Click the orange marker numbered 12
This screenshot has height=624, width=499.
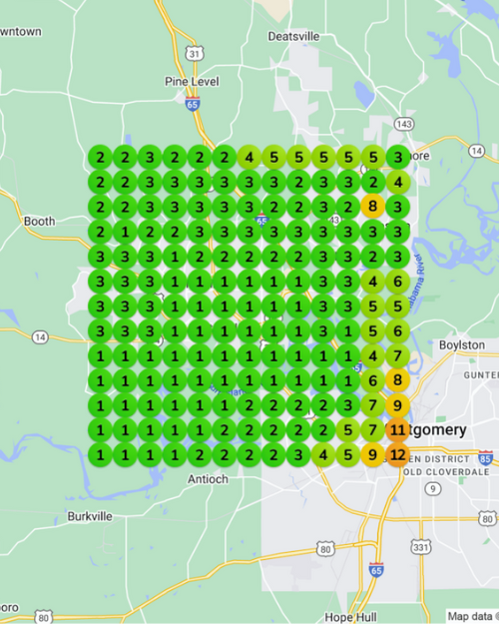pyautogui.click(x=397, y=455)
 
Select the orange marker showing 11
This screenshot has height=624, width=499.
pyautogui.click(x=397, y=430)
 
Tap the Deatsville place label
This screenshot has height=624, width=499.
pyautogui.click(x=294, y=36)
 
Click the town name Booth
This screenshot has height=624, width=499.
pyautogui.click(x=40, y=221)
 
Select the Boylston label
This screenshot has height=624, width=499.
pyautogui.click(x=461, y=344)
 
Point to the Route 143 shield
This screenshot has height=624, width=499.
pyautogui.click(x=403, y=123)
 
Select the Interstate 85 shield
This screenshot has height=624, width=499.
pyautogui.click(x=485, y=459)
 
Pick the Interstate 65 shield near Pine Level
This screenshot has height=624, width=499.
pyautogui.click(x=192, y=102)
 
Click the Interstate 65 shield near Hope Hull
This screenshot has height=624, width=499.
pyautogui.click(x=375, y=569)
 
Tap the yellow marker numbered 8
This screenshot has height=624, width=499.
pyautogui.click(x=372, y=206)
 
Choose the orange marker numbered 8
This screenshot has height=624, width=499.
pyautogui.click(x=397, y=379)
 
